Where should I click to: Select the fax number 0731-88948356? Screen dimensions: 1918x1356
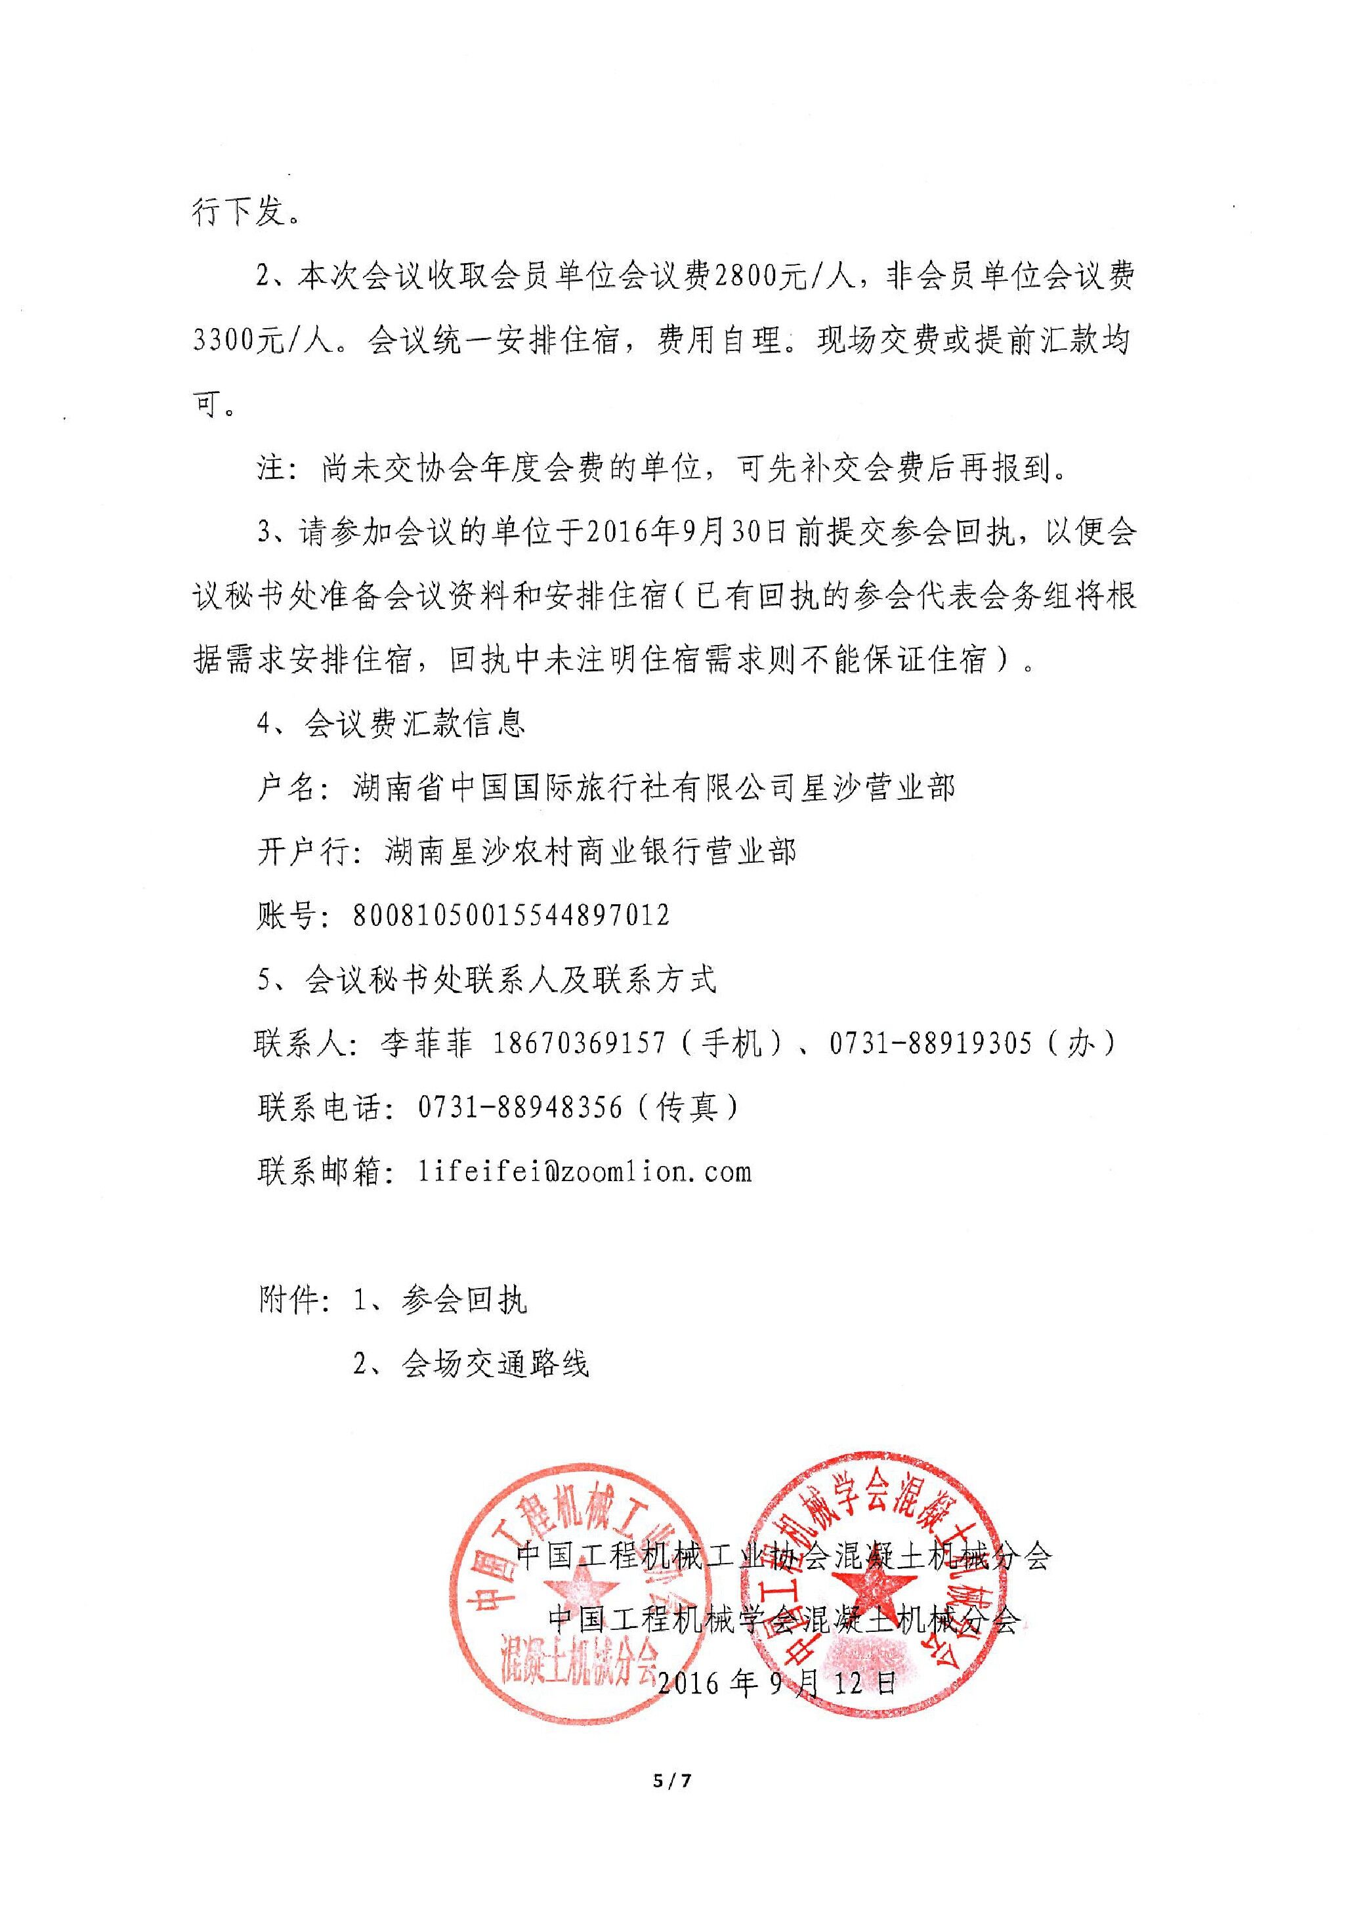[x=520, y=1107]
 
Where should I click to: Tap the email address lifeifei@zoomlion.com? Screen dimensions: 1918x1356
[x=584, y=1171]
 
